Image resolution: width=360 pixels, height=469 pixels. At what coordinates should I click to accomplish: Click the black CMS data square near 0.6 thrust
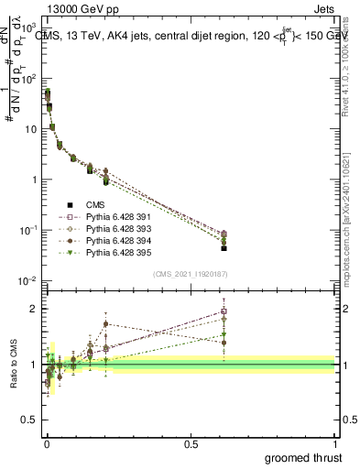pos(224,248)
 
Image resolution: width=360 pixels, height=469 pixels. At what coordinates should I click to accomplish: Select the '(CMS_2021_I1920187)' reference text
pos(191,274)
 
